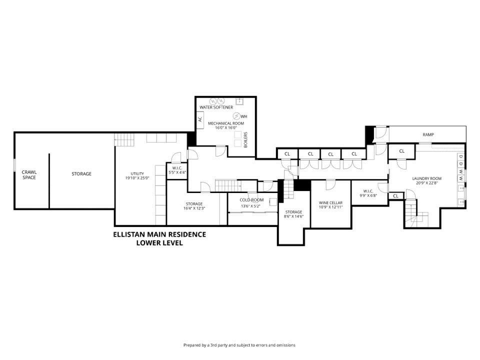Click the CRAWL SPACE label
29,175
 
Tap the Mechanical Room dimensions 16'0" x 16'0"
226,127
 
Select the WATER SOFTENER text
216,107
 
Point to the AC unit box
200,119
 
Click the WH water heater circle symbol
236,116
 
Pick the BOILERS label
245,139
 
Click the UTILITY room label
137,173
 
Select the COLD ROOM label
251,200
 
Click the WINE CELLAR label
330,202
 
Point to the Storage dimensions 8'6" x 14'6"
293,216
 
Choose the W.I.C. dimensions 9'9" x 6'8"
368,195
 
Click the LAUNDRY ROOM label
426,178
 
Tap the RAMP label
428,134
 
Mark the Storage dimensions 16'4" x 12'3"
194,208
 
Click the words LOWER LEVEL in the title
159,243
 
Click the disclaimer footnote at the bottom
239,345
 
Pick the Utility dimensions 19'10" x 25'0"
137,178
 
